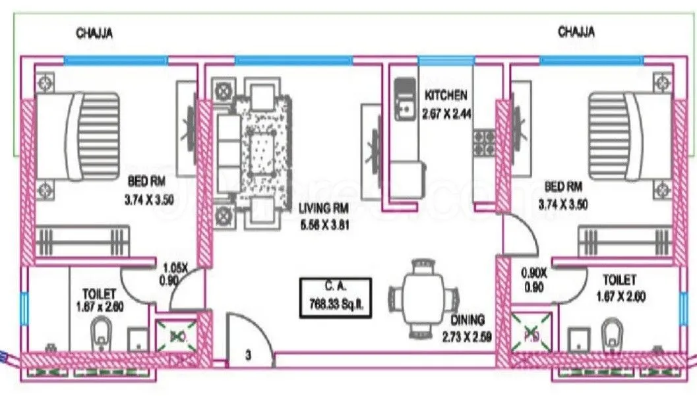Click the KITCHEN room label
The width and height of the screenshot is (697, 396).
pyautogui.click(x=445, y=95)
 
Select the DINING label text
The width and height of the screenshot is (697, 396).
pyautogui.click(x=468, y=320)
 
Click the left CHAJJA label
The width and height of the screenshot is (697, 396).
pyautogui.click(x=94, y=33)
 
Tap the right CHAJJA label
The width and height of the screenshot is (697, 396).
pyautogui.click(x=577, y=32)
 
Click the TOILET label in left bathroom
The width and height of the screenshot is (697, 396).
pyautogui.click(x=100, y=293)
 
